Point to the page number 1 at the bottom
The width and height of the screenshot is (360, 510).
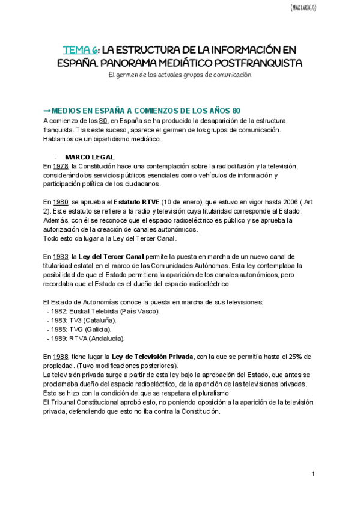click(313, 475)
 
